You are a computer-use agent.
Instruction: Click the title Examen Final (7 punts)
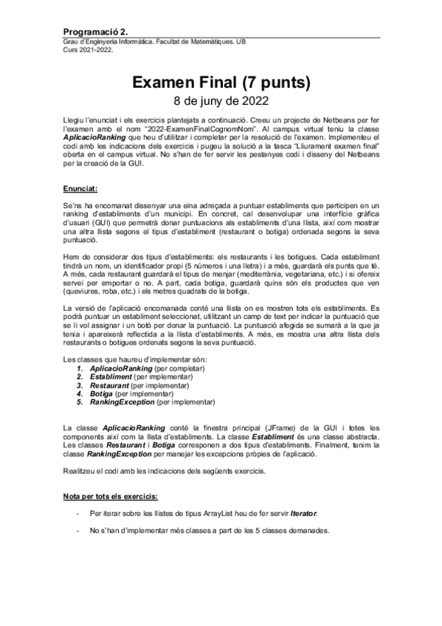click(x=221, y=83)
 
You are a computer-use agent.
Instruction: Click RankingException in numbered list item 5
click(x=122, y=403)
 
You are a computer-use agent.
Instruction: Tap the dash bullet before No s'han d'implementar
click(x=78, y=531)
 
